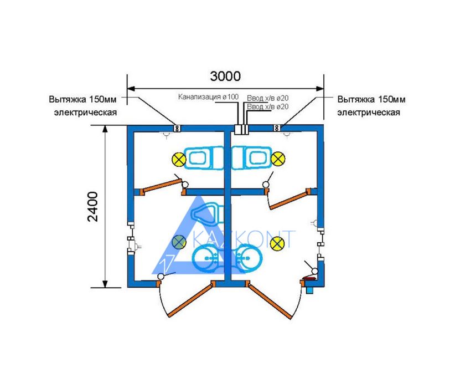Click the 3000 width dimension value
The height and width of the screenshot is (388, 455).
(x=225, y=76)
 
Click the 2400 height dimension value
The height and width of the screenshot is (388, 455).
(x=93, y=207)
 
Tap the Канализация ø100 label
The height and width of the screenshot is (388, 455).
(x=208, y=97)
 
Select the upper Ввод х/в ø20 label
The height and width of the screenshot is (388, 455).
(x=267, y=98)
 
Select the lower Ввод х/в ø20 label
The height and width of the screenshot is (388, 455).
(x=267, y=106)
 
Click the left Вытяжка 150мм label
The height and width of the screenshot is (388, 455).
(x=82, y=99)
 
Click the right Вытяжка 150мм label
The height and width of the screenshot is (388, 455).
(x=371, y=99)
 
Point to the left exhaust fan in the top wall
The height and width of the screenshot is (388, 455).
(x=177, y=128)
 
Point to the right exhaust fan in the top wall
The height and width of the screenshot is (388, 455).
(x=277, y=128)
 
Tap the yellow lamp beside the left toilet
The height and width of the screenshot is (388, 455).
(x=179, y=159)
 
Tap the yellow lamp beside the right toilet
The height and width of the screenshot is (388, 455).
(x=278, y=159)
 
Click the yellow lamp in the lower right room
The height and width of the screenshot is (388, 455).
(x=277, y=243)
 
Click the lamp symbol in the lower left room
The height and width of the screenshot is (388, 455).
(x=179, y=242)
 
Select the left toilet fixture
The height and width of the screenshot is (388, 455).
(x=204, y=158)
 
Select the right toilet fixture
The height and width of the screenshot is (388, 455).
(x=252, y=158)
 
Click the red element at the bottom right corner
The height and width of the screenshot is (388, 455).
(x=309, y=279)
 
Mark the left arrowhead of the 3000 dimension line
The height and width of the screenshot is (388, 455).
(x=131, y=89)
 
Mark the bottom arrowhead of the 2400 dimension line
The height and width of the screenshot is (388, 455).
(x=105, y=284)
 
